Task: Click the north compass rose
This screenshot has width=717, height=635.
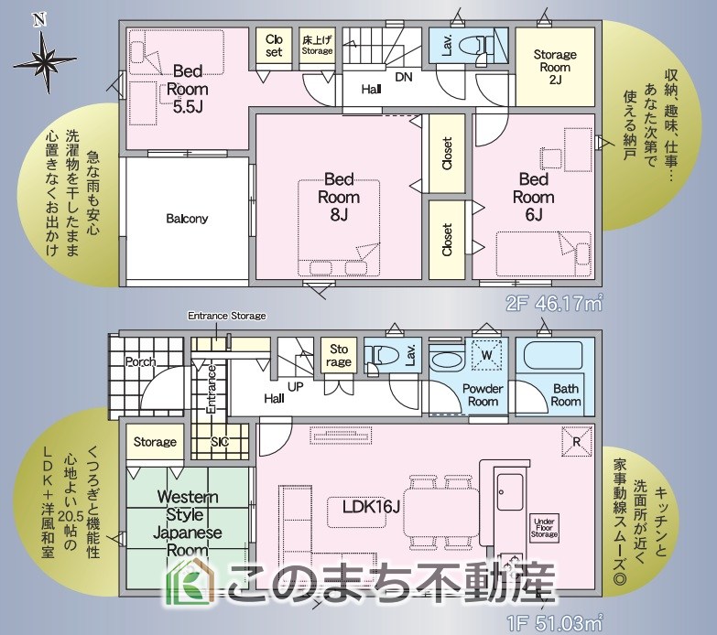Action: [x=45, y=59]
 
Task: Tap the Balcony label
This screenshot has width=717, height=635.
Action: [x=187, y=219]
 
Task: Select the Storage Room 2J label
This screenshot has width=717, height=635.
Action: [x=555, y=67]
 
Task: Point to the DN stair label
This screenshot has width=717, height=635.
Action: [x=403, y=77]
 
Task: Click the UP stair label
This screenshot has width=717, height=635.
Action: [x=296, y=387]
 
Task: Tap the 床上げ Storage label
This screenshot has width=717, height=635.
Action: [x=317, y=45]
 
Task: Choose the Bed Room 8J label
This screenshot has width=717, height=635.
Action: [x=339, y=197]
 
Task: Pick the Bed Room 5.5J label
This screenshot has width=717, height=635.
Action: [x=188, y=89]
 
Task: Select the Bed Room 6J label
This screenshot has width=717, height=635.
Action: [x=534, y=197]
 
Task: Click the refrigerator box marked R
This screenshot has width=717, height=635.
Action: [x=577, y=441]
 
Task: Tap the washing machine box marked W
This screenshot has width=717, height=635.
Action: [x=487, y=355]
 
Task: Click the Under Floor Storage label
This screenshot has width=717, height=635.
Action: [x=544, y=528]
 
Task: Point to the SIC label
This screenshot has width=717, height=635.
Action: [x=220, y=442]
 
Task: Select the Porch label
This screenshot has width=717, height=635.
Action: [x=141, y=361]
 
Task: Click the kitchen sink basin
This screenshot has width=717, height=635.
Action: [x=510, y=492]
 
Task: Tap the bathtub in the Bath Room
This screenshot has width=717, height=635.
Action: [x=553, y=357]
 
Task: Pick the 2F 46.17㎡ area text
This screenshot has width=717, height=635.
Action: [x=554, y=304]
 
